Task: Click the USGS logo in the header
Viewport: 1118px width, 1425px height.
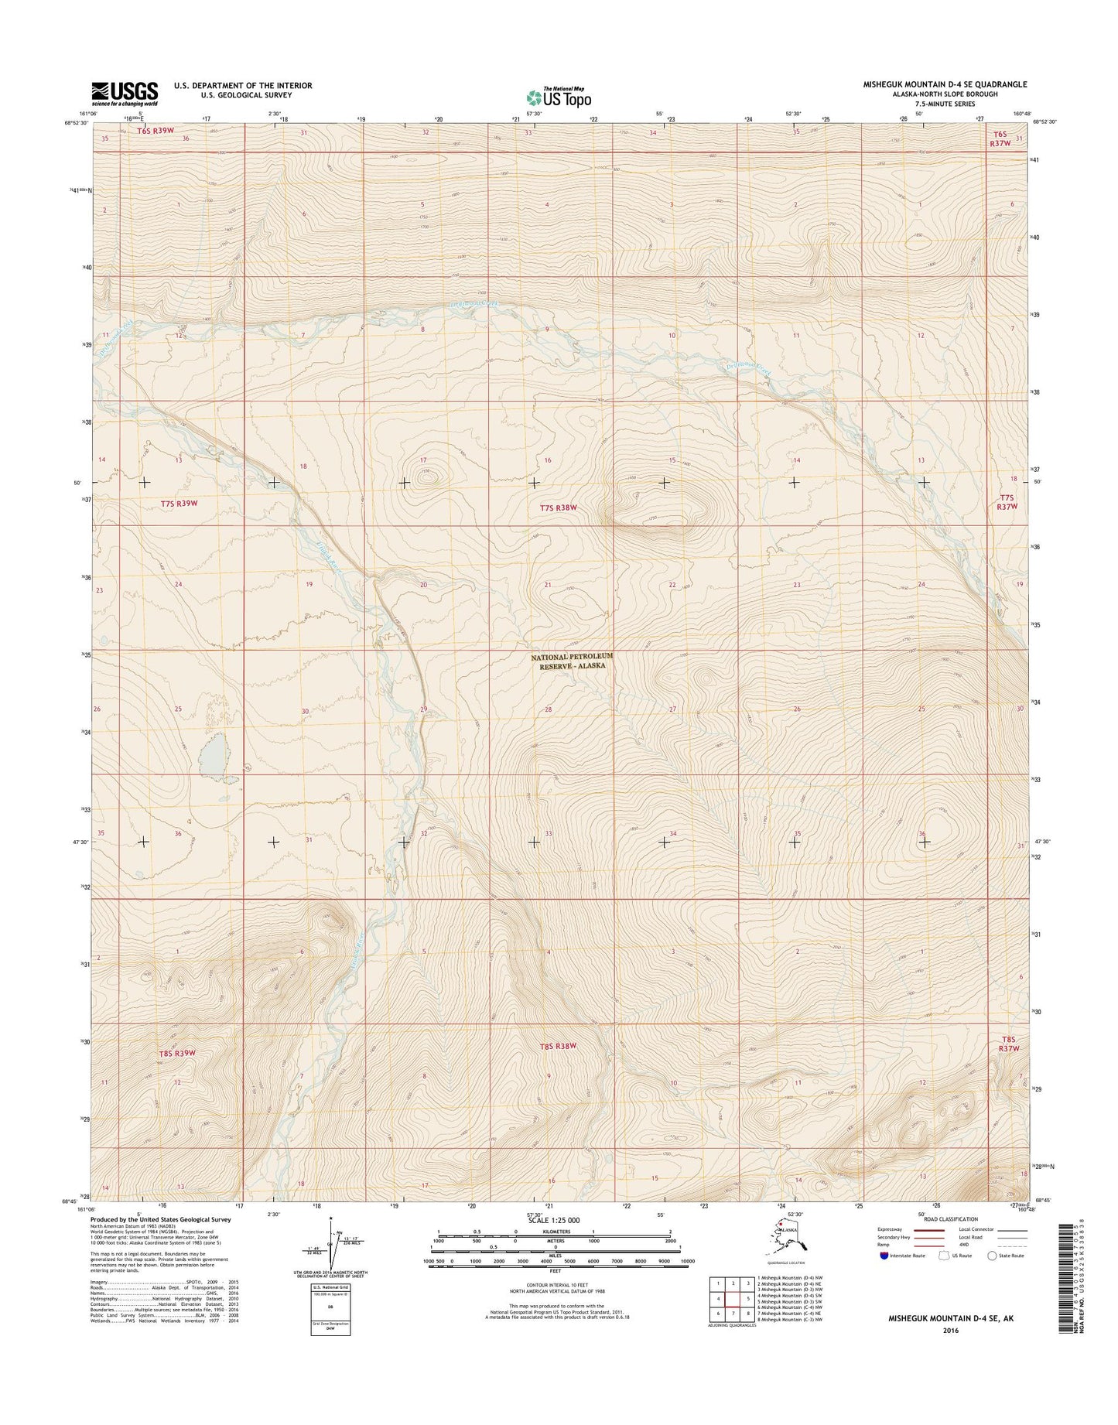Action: click(125, 93)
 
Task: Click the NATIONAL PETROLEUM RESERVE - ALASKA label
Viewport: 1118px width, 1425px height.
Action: click(572, 660)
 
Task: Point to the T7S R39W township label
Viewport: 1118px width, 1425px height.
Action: click(179, 503)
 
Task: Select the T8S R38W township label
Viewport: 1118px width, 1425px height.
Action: click(559, 1046)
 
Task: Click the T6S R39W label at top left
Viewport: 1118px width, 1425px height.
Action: click(155, 131)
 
